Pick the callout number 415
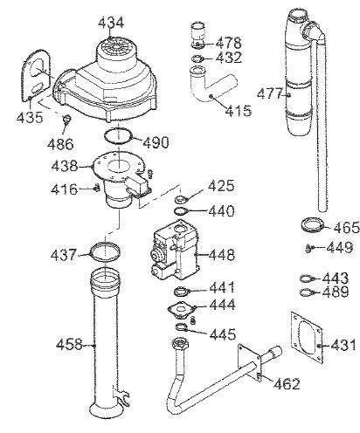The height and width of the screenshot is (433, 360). [237, 111]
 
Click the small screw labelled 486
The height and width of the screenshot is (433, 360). [67, 119]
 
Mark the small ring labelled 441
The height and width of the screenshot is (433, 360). [182, 291]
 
